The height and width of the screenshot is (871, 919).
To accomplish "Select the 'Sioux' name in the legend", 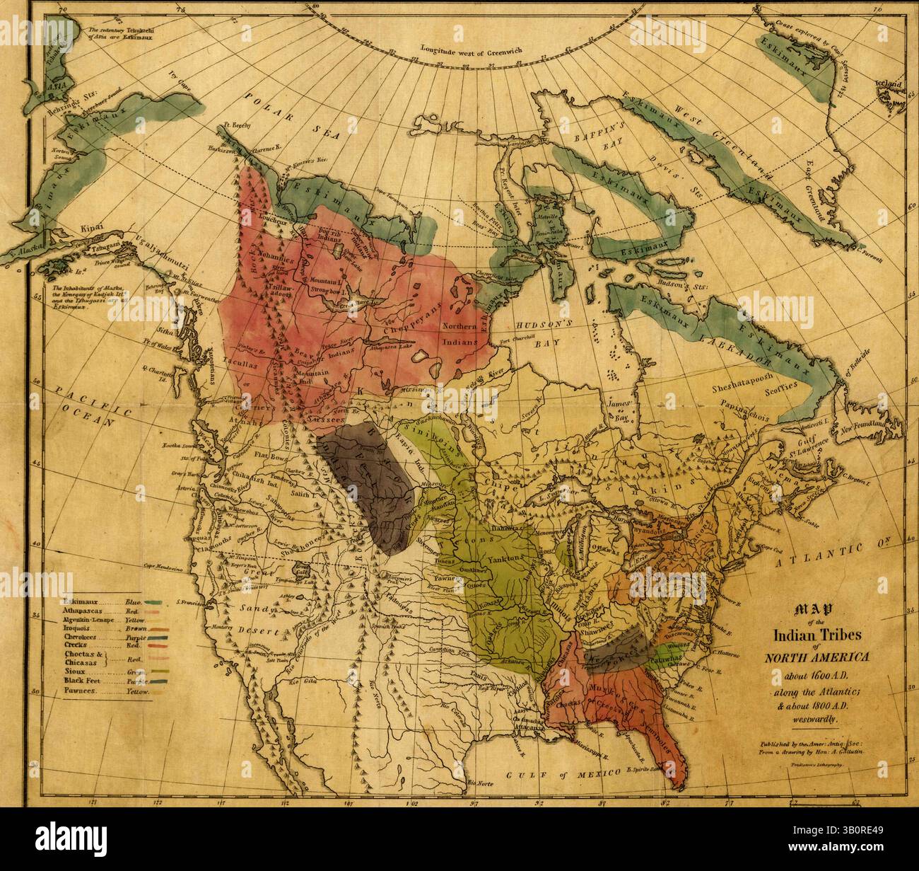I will coord(74,670).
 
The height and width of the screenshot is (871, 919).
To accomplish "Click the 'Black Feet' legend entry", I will coord(81,681).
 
